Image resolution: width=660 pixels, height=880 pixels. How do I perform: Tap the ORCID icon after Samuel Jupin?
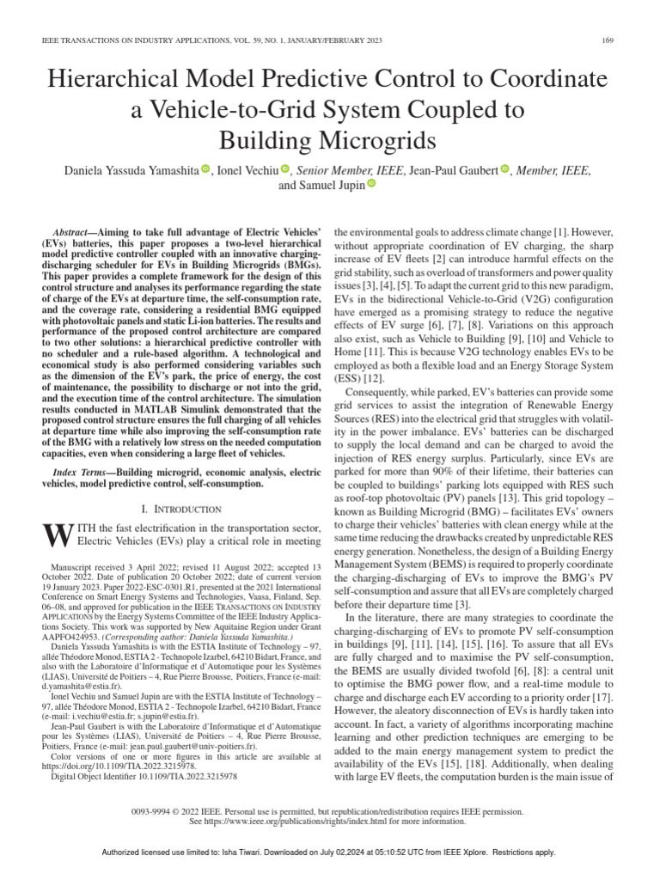[x=371, y=184]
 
